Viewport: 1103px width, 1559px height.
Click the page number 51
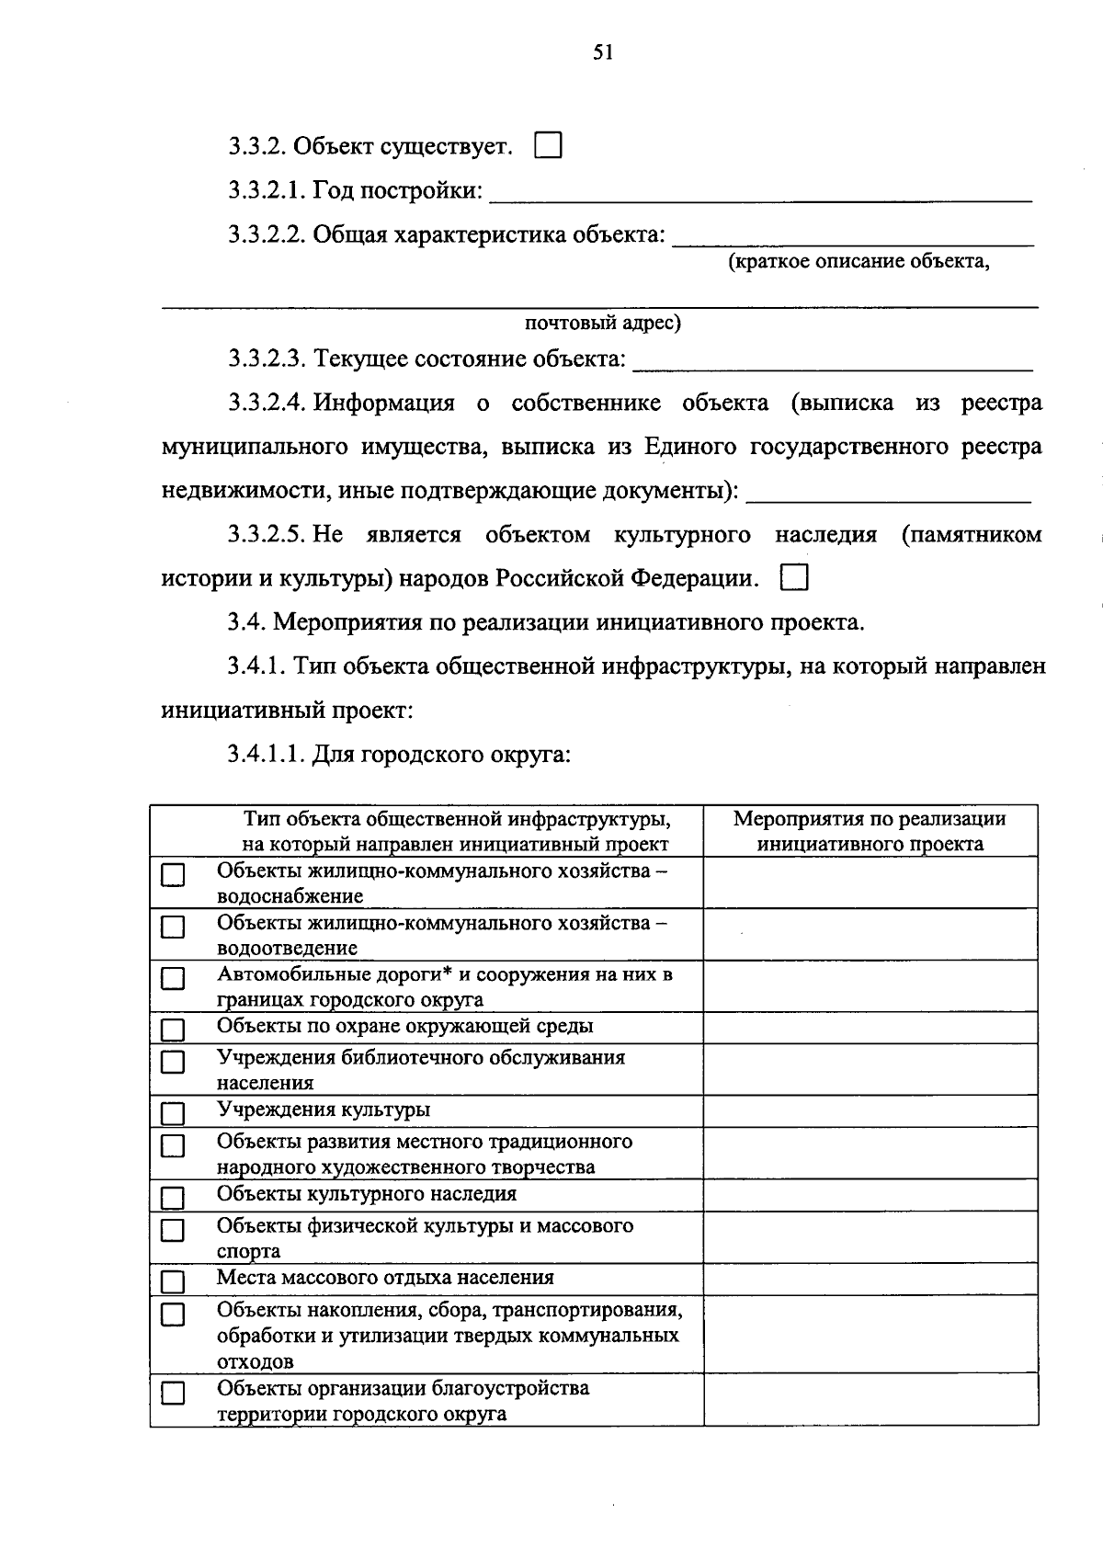coord(603,52)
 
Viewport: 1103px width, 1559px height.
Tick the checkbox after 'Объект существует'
coord(548,146)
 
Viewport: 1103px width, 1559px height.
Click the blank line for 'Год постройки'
coord(761,193)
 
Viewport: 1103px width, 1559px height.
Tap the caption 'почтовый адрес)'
coord(603,323)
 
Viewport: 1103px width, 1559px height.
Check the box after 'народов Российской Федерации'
coord(794,578)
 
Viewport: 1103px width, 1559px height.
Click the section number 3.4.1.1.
coord(266,755)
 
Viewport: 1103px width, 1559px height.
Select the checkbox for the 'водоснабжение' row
coord(173,876)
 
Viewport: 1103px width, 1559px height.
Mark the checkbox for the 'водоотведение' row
coord(173,927)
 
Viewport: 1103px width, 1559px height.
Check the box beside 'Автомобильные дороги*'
coord(173,979)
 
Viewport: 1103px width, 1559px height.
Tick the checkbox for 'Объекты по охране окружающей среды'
coord(173,1029)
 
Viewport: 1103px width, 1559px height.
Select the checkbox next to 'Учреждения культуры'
coord(173,1114)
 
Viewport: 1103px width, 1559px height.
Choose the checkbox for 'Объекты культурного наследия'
coord(173,1198)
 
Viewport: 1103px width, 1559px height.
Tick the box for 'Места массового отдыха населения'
coord(173,1281)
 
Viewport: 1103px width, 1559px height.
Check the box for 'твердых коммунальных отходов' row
coord(173,1315)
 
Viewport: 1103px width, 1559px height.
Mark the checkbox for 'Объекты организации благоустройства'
coord(173,1394)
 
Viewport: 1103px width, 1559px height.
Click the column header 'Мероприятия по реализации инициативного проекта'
coord(870,831)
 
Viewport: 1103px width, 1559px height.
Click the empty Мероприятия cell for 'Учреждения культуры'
coord(870,1111)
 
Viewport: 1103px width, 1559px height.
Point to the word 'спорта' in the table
coord(248,1251)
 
